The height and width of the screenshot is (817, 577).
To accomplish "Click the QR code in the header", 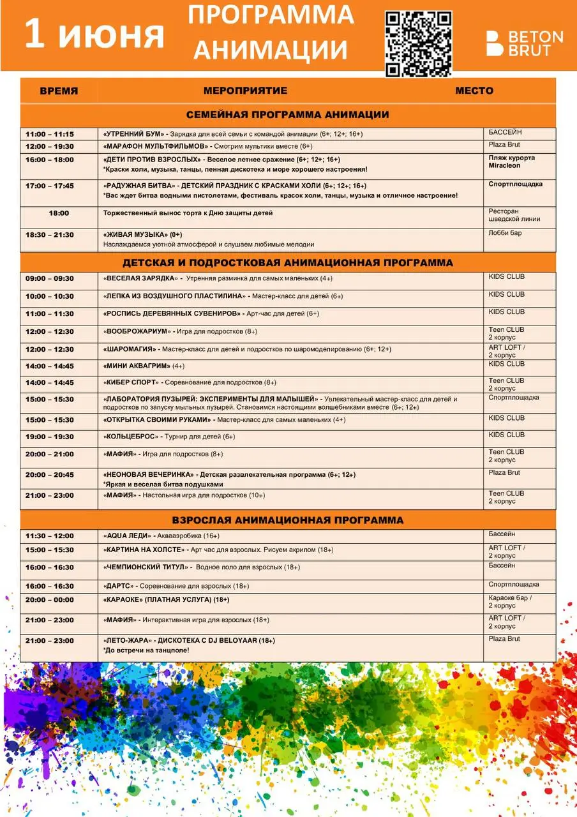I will point(418,43).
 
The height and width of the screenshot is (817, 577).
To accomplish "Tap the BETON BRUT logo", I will point(525,43).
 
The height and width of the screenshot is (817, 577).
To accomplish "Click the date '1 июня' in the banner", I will point(94,35).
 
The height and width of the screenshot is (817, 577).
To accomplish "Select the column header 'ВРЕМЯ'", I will point(59,91).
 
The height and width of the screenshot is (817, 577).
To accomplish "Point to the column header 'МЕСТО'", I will point(474,91).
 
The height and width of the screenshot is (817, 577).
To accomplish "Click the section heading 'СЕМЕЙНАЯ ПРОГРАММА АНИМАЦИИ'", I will point(287,115).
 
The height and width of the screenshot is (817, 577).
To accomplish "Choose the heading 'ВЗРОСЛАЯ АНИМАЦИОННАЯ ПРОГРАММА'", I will point(287,520).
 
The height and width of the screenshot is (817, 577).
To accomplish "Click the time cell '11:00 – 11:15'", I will point(50,134).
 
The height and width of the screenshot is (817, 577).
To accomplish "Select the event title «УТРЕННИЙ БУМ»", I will point(133,134).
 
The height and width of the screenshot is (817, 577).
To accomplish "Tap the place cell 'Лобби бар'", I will point(505,233).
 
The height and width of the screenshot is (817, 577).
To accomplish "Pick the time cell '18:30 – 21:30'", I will point(50,235).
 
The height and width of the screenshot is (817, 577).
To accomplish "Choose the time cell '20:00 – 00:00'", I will point(50,599).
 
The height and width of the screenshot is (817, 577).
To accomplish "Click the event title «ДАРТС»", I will point(118,585).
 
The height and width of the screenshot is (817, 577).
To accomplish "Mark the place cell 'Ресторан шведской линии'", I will point(514,215).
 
